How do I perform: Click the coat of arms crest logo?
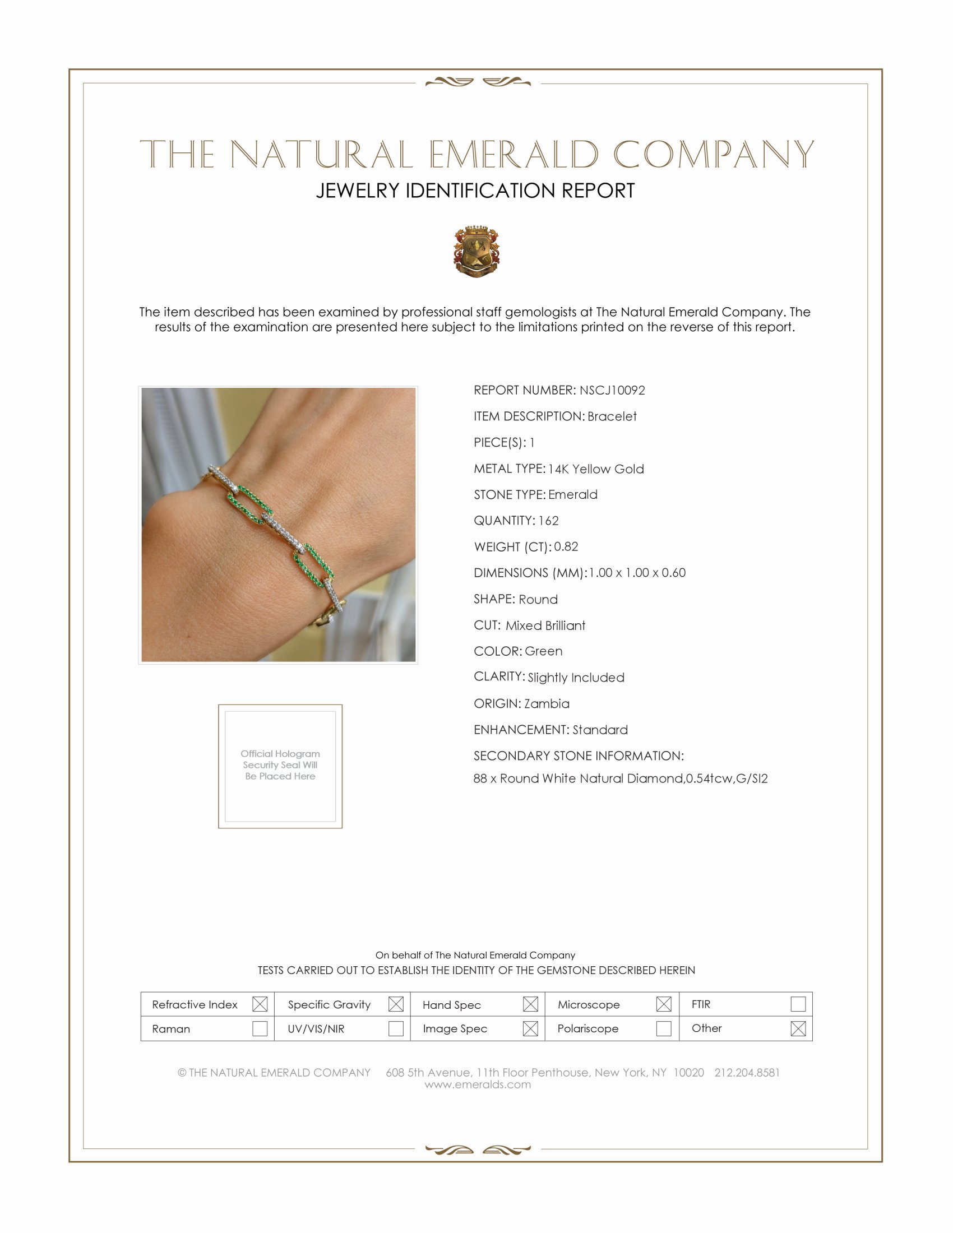[x=476, y=251]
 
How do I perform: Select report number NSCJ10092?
[x=612, y=391]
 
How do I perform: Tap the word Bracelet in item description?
[x=612, y=416]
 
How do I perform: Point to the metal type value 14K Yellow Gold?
[x=595, y=469]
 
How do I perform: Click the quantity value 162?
[x=548, y=521]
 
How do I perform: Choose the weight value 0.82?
[x=566, y=547]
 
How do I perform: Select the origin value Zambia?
[x=547, y=704]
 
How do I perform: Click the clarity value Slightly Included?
[x=576, y=678]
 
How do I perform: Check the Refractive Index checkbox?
[x=260, y=1004]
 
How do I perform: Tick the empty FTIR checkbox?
[x=798, y=1004]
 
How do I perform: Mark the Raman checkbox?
[x=260, y=1028]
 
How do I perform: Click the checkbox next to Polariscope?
[x=664, y=1028]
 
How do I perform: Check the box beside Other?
[x=798, y=1028]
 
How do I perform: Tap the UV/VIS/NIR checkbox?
[x=396, y=1028]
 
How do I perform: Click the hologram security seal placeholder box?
[x=280, y=766]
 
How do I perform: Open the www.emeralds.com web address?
[x=478, y=1084]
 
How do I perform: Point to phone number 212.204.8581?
[x=747, y=1073]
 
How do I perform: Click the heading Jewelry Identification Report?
[x=475, y=191]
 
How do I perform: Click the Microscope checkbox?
[x=664, y=1004]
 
